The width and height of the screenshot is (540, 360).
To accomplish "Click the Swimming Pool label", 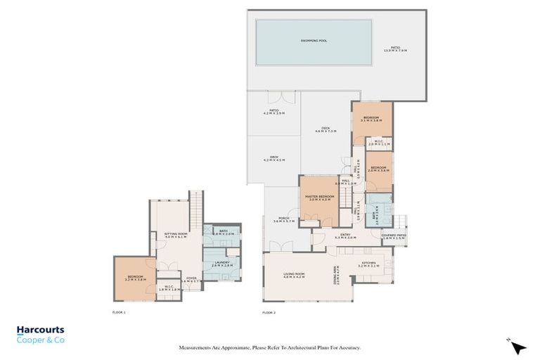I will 314,41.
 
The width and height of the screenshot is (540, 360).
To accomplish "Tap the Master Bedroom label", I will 319,198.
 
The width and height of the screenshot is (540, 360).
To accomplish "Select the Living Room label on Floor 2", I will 293,275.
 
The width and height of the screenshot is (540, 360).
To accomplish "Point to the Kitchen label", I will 368,264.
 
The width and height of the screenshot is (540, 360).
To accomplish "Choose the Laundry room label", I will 222,264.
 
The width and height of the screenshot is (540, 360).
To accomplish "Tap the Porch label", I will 283,219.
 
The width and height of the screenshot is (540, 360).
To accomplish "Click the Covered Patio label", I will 393,237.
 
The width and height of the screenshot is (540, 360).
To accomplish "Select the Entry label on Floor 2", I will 345,236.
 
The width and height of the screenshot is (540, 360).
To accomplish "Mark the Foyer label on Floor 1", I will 191,279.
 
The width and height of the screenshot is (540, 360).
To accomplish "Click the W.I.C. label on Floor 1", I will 169,287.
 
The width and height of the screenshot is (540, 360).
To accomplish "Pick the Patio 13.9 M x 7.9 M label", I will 395,49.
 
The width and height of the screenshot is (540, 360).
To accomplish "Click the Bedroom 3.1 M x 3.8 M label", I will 371,119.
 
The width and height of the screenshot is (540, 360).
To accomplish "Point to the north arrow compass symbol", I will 518,347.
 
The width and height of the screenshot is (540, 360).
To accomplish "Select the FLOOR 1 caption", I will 119,311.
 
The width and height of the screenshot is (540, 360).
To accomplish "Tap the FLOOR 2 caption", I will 269,312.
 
